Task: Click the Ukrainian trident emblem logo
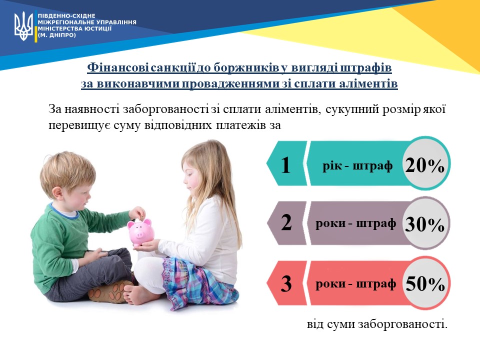click(x=24, y=26)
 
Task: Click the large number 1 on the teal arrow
click(x=285, y=165)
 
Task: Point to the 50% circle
click(x=425, y=283)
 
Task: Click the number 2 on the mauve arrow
click(x=286, y=222)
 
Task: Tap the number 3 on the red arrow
click(x=286, y=283)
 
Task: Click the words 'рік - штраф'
click(x=357, y=166)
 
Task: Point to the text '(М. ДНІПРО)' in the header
click(x=56, y=35)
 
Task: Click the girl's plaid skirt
click(x=199, y=283)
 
